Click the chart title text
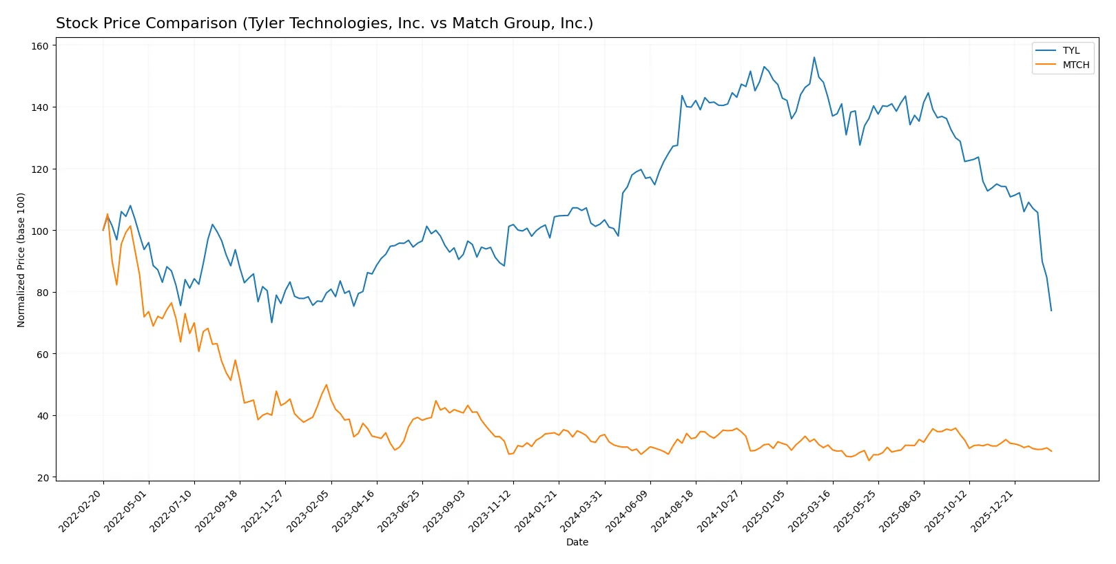point(324,23)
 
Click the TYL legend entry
point(1071,50)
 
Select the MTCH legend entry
point(1075,65)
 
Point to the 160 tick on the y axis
point(40,46)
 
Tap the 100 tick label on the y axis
point(40,231)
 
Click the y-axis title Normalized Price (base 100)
point(21,260)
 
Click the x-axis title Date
point(577,542)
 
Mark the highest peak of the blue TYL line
point(814,57)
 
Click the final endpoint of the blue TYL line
point(1051,311)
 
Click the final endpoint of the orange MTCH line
point(1051,451)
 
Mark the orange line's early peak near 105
point(107,214)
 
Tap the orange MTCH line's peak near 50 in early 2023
point(326,385)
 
